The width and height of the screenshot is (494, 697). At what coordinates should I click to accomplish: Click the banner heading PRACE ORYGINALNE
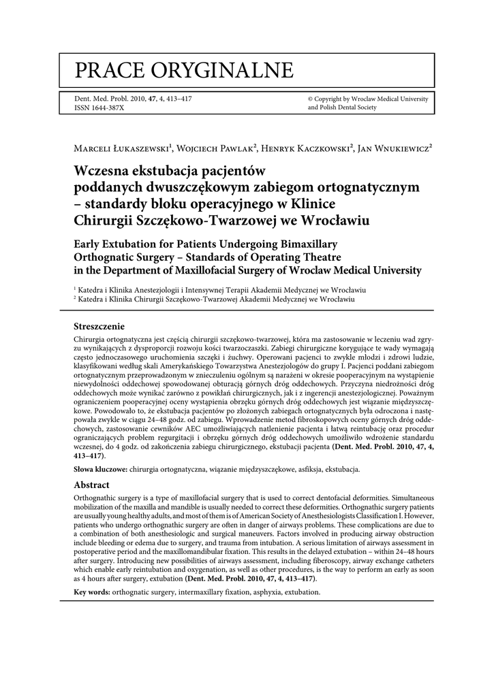[x=184, y=69]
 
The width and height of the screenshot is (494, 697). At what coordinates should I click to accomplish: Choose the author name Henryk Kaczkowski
[x=302, y=147]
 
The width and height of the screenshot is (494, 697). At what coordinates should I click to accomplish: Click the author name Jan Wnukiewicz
[x=394, y=147]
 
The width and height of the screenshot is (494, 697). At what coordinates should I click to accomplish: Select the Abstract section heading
[x=91, y=485]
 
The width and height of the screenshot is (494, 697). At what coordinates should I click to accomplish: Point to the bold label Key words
[x=91, y=593]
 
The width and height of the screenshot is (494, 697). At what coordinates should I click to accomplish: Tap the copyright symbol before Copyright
[x=311, y=99]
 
